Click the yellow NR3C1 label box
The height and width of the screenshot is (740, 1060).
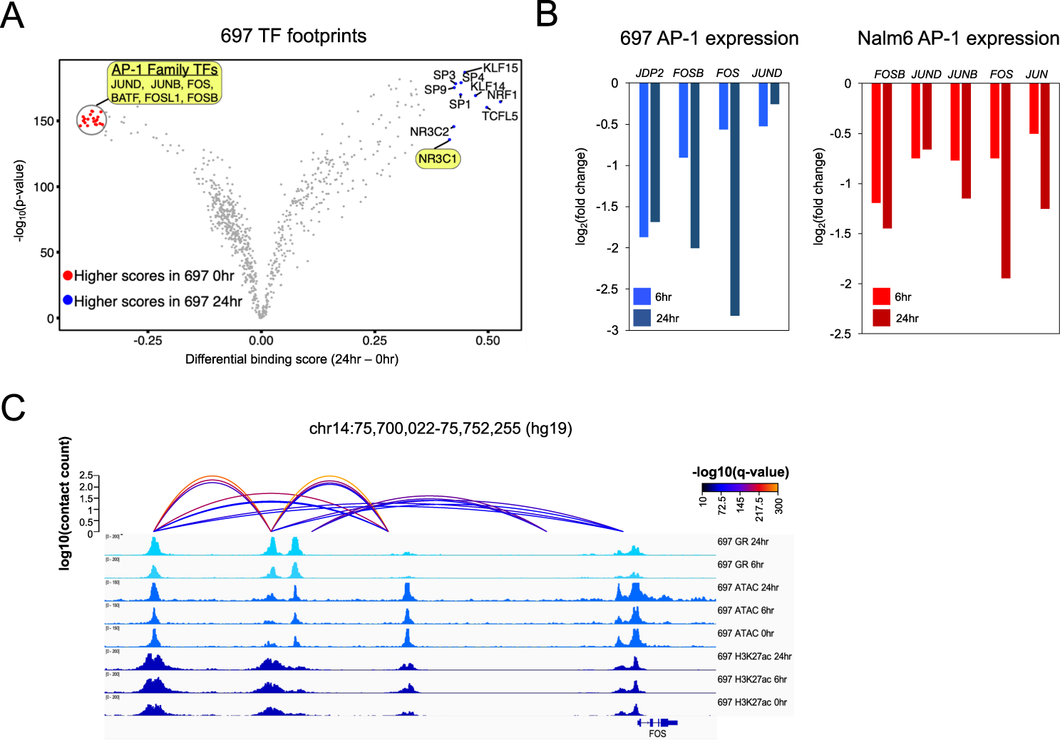pyautogui.click(x=438, y=159)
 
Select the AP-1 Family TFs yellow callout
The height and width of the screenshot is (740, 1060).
pyautogui.click(x=165, y=83)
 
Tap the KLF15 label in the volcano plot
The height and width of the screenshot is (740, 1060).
pyautogui.click(x=500, y=68)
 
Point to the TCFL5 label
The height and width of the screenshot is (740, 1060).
pyautogui.click(x=500, y=116)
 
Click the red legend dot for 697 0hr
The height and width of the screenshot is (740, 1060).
pyautogui.click(x=68, y=276)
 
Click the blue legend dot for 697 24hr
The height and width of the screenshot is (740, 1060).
pyautogui.click(x=68, y=301)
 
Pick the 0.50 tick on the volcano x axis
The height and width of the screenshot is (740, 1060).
pyautogui.click(x=488, y=341)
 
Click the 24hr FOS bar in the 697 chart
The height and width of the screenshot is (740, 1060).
pyautogui.click(x=734, y=199)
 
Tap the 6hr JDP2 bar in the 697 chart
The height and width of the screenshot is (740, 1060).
pyautogui.click(x=644, y=160)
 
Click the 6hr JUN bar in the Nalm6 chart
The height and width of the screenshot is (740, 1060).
pyautogui.click(x=1034, y=108)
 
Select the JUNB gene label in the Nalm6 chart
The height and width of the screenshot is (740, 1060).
pyautogui.click(x=962, y=74)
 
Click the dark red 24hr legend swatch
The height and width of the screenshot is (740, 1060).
pyautogui.click(x=881, y=318)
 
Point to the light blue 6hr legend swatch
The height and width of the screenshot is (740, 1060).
pyautogui.click(x=642, y=297)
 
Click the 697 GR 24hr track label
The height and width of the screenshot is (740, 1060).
pyautogui.click(x=743, y=542)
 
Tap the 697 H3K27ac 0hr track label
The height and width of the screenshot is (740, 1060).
pyautogui.click(x=752, y=702)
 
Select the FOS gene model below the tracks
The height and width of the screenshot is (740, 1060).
pyautogui.click(x=657, y=723)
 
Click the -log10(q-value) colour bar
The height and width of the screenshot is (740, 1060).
pyautogui.click(x=739, y=488)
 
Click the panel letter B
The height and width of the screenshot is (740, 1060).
pyautogui.click(x=547, y=14)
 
